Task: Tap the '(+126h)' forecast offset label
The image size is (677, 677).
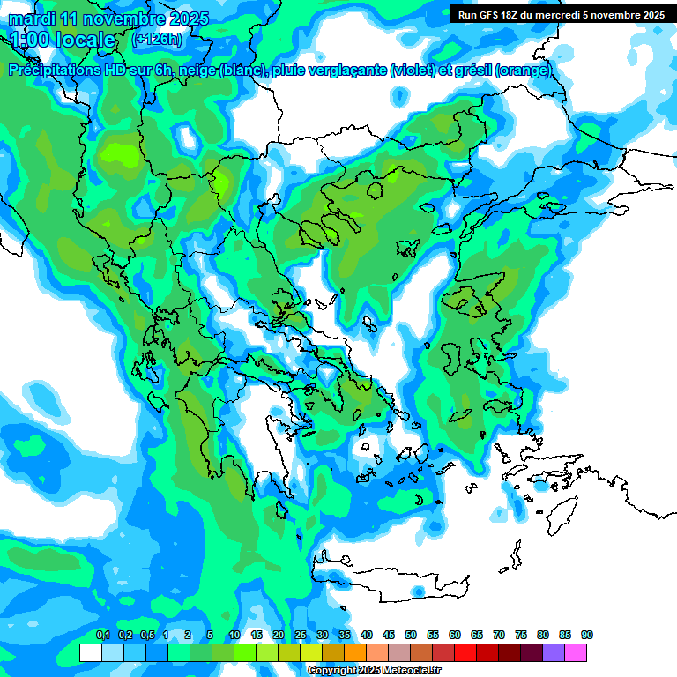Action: [156, 39]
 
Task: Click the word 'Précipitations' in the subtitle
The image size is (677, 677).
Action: [60, 71]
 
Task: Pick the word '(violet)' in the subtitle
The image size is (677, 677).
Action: [418, 71]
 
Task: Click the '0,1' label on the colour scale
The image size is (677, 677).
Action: [103, 635]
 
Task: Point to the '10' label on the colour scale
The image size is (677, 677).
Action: [234, 635]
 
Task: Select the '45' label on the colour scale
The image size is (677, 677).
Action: [389, 635]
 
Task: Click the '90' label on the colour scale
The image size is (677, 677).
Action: [587, 635]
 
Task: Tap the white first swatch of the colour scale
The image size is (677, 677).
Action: [90, 652]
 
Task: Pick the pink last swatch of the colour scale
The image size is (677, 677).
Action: [576, 652]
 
